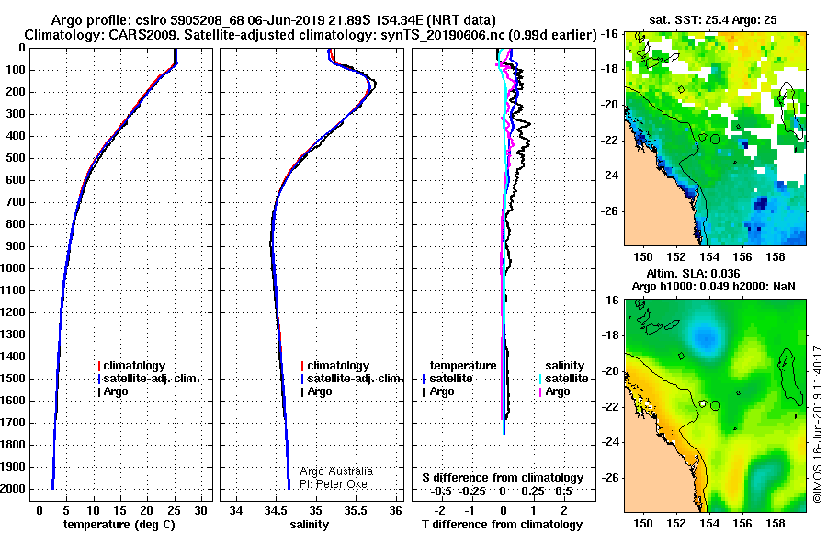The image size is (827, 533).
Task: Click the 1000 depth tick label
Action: pyautogui.click(x=13, y=268)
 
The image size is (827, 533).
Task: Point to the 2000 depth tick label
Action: pyautogui.click(x=13, y=489)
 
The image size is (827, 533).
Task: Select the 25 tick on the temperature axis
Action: pyautogui.click(x=174, y=511)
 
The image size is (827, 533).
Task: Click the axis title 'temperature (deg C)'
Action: pyautogui.click(x=119, y=525)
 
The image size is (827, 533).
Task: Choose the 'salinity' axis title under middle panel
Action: pyautogui.click(x=310, y=525)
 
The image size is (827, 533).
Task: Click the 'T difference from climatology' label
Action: pyautogui.click(x=502, y=525)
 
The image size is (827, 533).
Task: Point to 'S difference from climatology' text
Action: pyautogui.click(x=503, y=478)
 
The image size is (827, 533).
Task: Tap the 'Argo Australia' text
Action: pyautogui.click(x=336, y=471)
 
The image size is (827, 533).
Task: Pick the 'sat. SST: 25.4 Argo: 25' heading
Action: pyautogui.click(x=712, y=20)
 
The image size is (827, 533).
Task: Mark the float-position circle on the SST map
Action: pyautogui.click(x=715, y=140)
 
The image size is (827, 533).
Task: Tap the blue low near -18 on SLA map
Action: pyautogui.click(x=705, y=335)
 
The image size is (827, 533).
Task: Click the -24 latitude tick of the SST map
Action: pyautogui.click(x=610, y=176)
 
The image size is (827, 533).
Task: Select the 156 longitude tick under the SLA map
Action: pyautogui.click(x=742, y=524)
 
